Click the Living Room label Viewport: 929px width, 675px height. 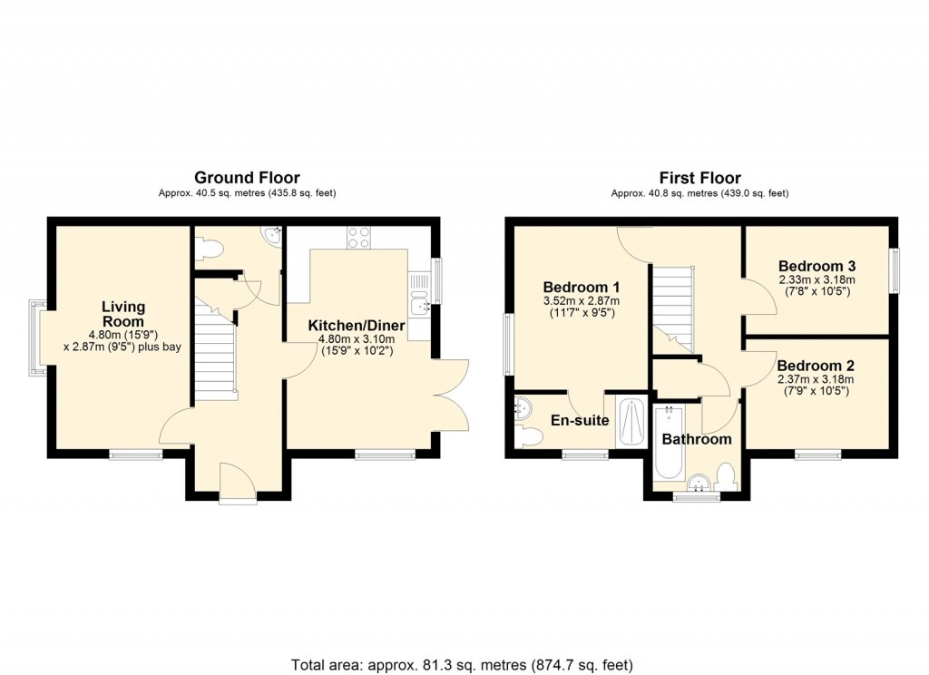(122, 314)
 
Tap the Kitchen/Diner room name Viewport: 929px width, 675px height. (356, 326)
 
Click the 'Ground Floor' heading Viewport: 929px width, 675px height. (247, 178)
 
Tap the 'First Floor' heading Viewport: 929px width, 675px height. (699, 178)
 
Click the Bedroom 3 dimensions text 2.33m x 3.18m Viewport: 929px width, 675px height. (817, 280)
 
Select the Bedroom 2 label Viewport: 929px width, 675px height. (816, 366)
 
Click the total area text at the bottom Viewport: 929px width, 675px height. (462, 663)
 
